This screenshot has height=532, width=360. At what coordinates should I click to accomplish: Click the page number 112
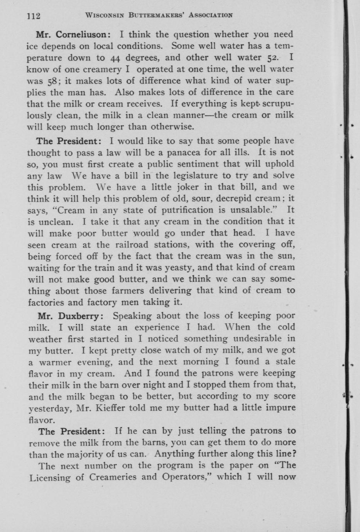tap(34, 16)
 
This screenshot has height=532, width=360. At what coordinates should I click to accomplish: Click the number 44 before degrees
tap(116, 58)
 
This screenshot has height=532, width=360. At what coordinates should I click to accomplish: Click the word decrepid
tap(235, 199)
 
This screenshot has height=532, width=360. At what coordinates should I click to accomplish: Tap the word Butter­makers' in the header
tap(158, 15)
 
